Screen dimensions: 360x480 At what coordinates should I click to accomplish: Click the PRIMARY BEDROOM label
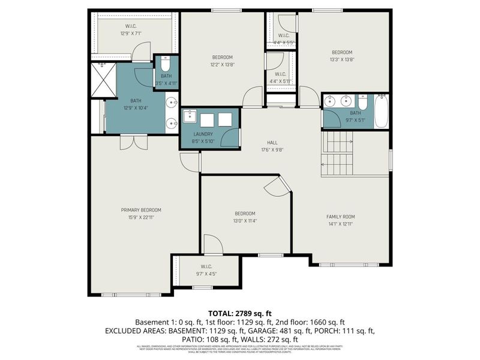tap(141, 210)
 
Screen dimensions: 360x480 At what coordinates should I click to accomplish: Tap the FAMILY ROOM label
tap(341, 217)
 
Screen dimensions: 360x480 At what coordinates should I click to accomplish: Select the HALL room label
tap(271, 142)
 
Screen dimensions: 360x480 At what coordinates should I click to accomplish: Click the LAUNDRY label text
tap(203, 134)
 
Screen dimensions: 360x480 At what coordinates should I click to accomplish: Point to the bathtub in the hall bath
tap(382, 111)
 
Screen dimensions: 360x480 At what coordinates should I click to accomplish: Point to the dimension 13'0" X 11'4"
tap(245, 221)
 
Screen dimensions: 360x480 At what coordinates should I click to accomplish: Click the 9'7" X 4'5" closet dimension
tap(206, 274)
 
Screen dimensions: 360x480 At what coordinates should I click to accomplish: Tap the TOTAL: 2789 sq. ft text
tap(240, 313)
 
